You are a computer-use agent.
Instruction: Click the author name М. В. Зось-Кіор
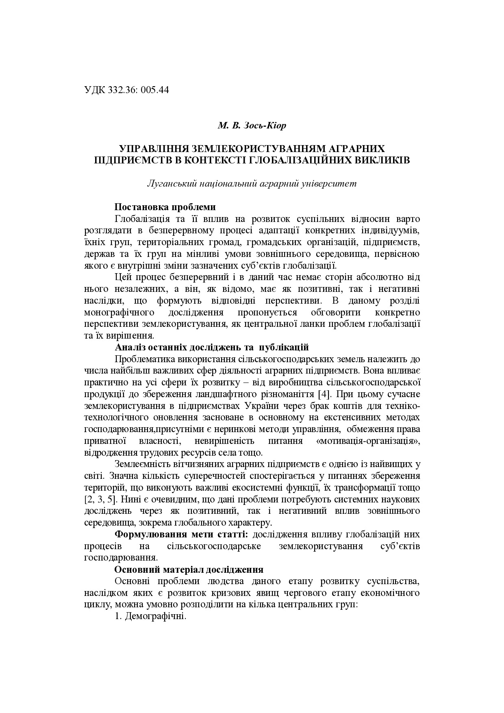pyautogui.click(x=252, y=125)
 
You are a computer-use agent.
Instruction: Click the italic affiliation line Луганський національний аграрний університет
pyautogui.click(x=252, y=183)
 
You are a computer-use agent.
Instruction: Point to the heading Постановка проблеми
pyautogui.click(x=165, y=207)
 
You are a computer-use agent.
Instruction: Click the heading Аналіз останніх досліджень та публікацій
pyautogui.click(x=212, y=347)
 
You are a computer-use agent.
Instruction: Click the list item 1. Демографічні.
pyautogui.click(x=150, y=616)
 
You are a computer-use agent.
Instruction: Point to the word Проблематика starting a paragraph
pyautogui.click(x=145, y=359)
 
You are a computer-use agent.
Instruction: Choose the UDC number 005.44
pyautogui.click(x=155, y=90)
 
